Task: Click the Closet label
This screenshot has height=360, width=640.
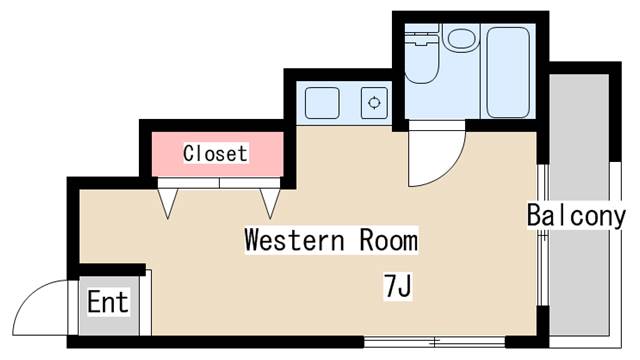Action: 215,153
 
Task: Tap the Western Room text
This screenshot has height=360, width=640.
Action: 331,240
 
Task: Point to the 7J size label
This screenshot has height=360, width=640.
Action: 398,286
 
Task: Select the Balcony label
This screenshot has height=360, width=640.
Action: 576,215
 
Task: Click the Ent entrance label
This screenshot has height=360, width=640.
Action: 108,302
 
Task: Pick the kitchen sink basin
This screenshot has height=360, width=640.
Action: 322,102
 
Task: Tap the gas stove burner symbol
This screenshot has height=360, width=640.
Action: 374,102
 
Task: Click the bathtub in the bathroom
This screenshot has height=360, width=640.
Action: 508,72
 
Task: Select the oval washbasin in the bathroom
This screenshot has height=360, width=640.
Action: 462,39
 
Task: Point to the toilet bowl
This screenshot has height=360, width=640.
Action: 422,61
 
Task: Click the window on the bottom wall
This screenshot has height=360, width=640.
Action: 434,341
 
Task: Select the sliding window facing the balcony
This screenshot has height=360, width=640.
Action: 542,235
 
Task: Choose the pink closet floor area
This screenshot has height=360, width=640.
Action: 218,154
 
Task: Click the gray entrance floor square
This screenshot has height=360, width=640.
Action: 109,306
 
